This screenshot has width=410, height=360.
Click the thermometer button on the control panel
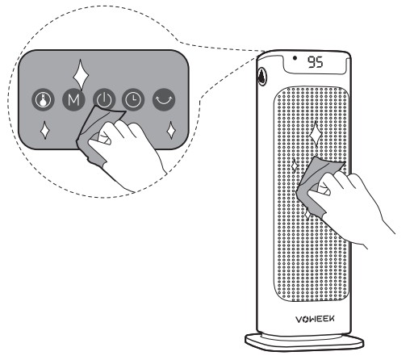click(43, 99)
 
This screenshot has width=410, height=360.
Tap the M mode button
click(73, 99)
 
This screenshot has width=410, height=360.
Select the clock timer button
click(133, 99)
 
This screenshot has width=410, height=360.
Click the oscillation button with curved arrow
click(164, 99)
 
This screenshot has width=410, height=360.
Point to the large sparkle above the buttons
click(81, 74)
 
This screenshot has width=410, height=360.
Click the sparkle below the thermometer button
click(44, 130)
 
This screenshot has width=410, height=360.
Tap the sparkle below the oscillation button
click(171, 130)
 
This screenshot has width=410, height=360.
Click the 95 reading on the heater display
click(315, 62)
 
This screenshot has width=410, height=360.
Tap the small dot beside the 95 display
click(295, 57)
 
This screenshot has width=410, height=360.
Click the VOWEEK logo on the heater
click(315, 319)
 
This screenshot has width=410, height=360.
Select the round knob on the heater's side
click(261, 76)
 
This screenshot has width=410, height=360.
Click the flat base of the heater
click(304, 342)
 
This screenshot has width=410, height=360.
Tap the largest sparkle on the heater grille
click(316, 134)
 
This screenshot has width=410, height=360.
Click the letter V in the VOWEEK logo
click(299, 320)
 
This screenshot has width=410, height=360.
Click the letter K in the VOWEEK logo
click(332, 319)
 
